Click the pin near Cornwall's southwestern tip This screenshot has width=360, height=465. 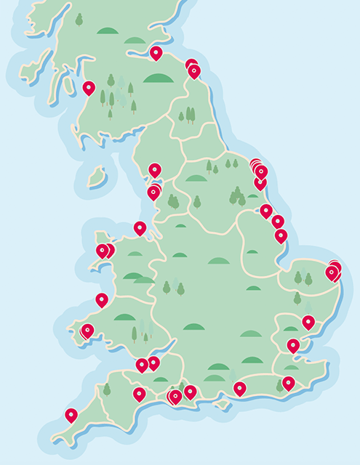point(71,415)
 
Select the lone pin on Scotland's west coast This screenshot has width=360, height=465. point(89,88)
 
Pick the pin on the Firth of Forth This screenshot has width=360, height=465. point(156,52)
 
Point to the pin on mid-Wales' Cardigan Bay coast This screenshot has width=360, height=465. point(102,299)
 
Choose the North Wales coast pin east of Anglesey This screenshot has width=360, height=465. point(140,227)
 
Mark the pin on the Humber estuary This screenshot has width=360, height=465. point(266,210)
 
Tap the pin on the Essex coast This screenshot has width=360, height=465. point(308,321)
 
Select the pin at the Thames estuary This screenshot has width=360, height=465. point(293,345)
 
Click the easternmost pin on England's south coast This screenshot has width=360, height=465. point(289,382)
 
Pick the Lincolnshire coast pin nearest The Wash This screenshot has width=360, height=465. point(281,235)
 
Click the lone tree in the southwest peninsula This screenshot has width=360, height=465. point(107,389)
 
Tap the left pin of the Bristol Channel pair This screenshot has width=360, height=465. point(142,365)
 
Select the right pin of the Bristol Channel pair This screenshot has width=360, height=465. point(154,362)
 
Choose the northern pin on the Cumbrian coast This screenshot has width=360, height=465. point(155,169)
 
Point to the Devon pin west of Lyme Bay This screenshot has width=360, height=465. point(139,394)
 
